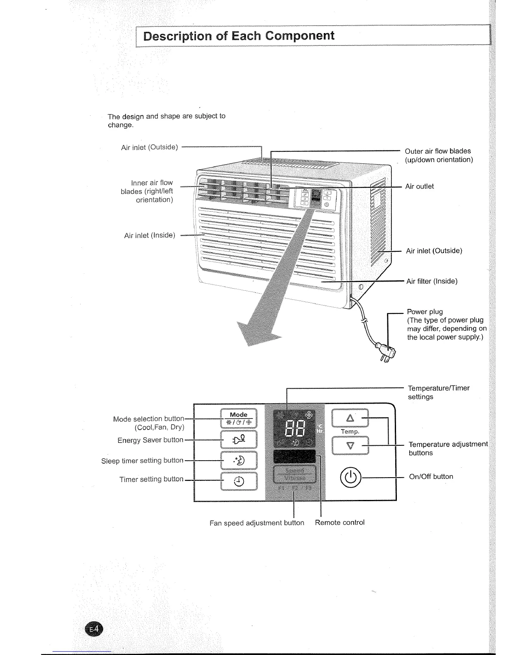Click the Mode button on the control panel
coord(239,418)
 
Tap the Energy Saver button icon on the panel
coord(239,439)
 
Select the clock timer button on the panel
coord(239,481)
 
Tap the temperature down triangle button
coord(350,446)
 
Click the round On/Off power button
coord(350,477)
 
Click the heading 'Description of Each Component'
coord(239,36)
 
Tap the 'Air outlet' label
coord(419,186)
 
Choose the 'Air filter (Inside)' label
coord(432,282)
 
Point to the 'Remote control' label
coord(339,523)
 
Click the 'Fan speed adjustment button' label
coord(257,523)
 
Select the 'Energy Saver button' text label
coord(150,440)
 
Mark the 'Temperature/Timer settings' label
coord(438,392)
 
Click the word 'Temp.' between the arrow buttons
coord(350,432)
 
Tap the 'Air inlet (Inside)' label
coord(150,236)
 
